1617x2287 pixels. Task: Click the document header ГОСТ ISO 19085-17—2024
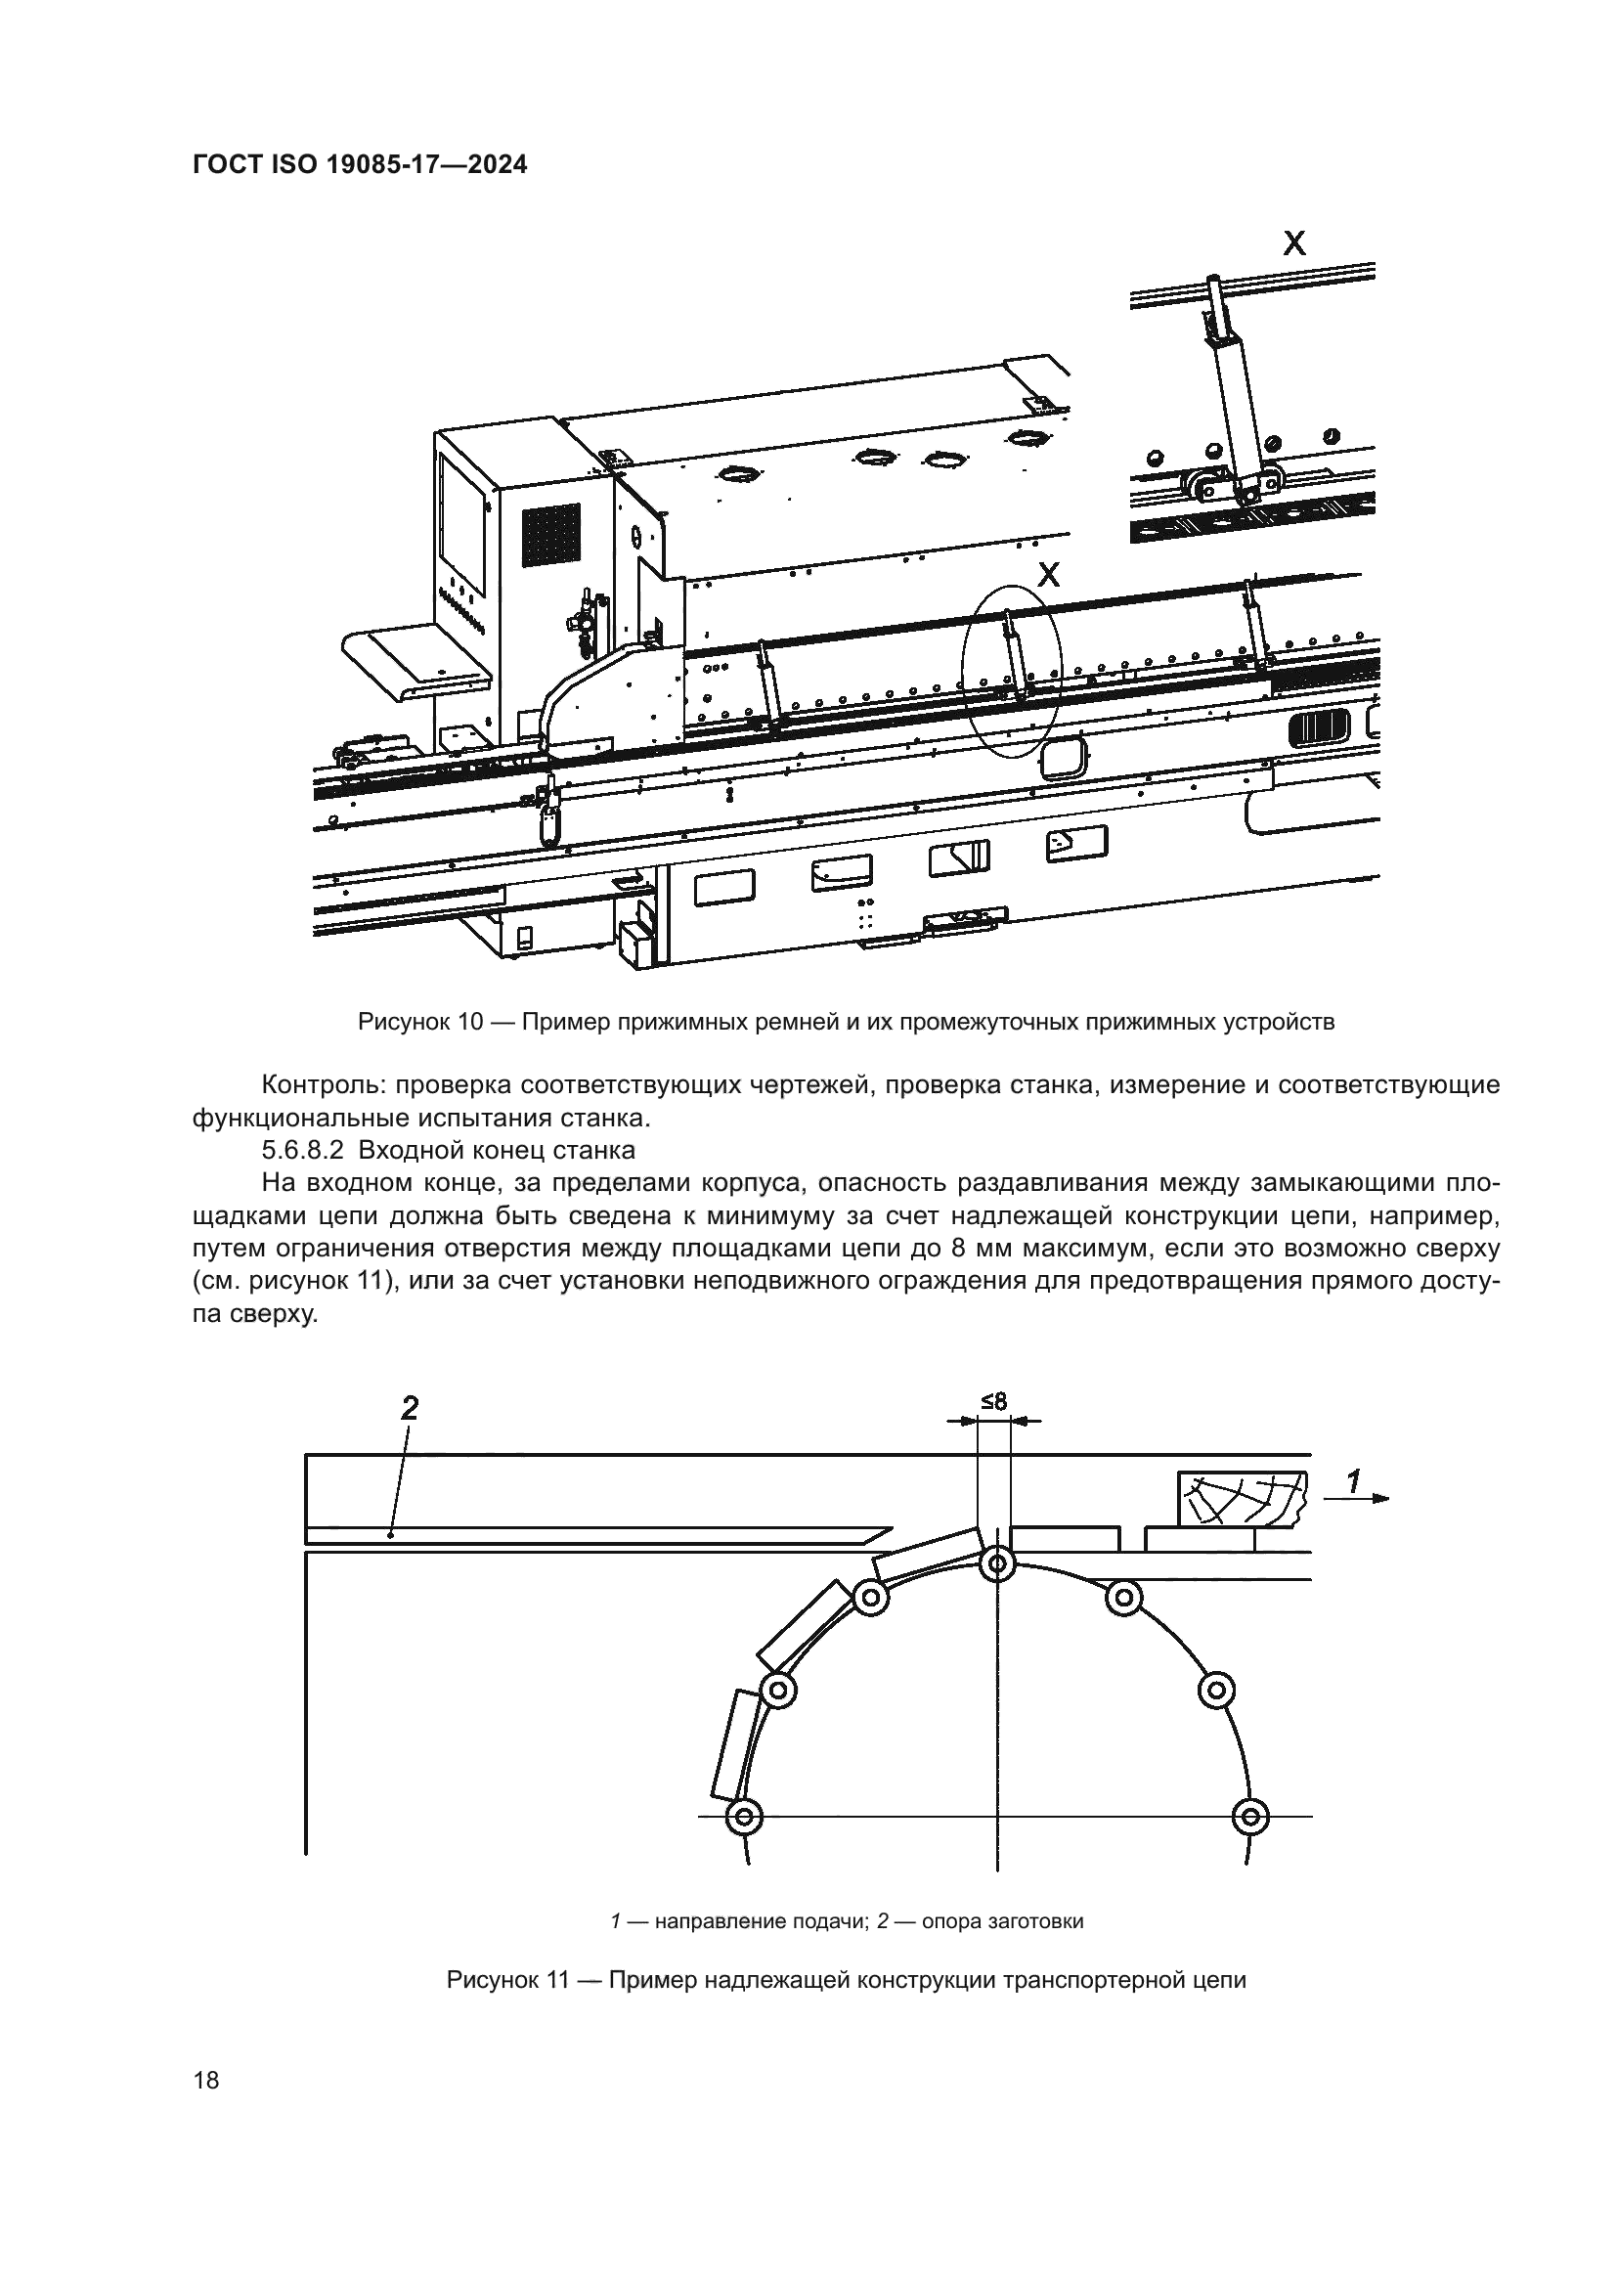(x=360, y=165)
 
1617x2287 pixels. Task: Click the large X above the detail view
(x=1293, y=242)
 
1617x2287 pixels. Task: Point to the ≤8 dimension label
(x=993, y=1401)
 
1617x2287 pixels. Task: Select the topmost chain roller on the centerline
(x=995, y=1564)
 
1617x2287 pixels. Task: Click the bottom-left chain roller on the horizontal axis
(x=743, y=1817)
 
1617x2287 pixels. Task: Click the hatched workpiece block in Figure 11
(x=1241, y=1498)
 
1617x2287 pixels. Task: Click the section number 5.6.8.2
(x=302, y=1151)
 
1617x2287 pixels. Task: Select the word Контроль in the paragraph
(x=318, y=1084)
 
